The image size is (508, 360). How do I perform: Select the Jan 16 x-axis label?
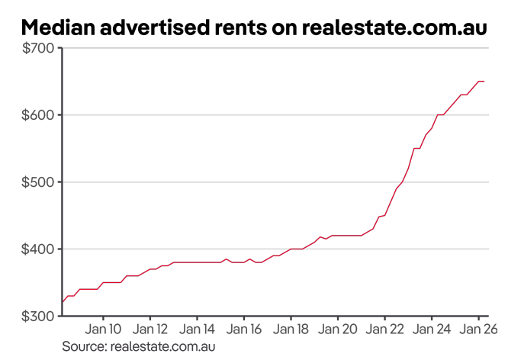(243, 330)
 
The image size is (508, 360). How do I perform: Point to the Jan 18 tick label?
(290, 330)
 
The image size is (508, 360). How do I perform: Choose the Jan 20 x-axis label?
(337, 330)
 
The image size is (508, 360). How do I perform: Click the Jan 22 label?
(384, 330)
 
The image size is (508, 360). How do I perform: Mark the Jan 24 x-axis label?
(431, 330)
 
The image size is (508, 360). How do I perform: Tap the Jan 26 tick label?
(477, 330)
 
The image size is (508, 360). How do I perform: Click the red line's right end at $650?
(484, 82)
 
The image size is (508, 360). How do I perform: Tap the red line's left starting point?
(62, 302)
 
